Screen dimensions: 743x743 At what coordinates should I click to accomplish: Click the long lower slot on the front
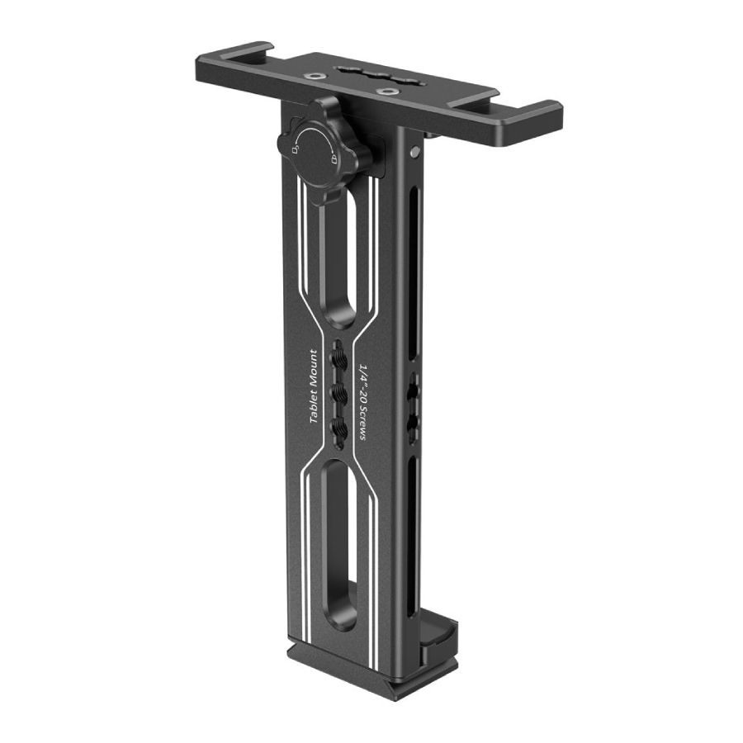[x=338, y=545]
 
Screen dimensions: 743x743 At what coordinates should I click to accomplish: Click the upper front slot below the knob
[x=339, y=256]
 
